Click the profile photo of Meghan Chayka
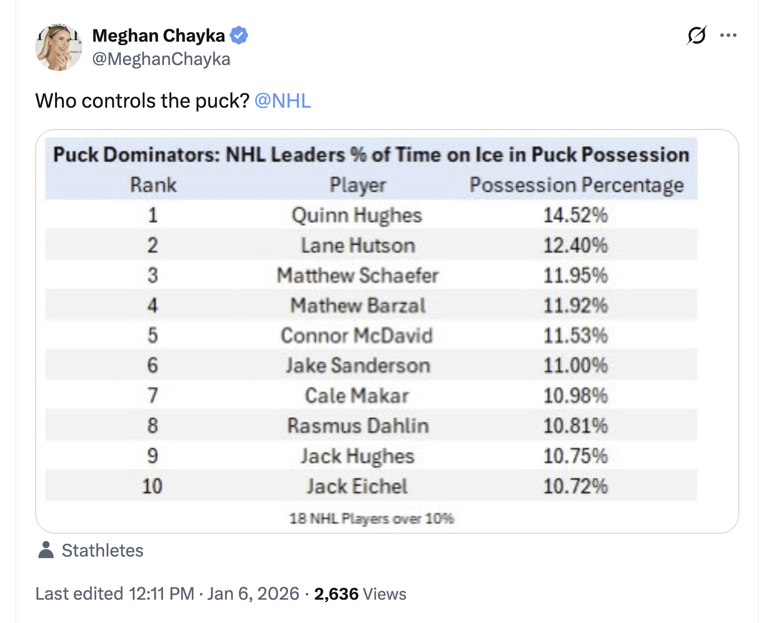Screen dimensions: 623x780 click(x=58, y=48)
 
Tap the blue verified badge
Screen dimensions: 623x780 click(x=239, y=36)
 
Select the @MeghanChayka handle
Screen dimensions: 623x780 click(x=161, y=59)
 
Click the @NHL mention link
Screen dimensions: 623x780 click(x=282, y=101)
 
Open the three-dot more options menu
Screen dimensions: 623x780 click(x=728, y=35)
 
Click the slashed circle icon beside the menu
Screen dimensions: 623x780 click(x=696, y=35)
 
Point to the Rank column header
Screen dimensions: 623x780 click(x=153, y=185)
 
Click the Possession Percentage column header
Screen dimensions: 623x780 click(x=576, y=185)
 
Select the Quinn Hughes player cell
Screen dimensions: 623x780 click(x=357, y=215)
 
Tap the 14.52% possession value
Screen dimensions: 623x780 click(x=575, y=215)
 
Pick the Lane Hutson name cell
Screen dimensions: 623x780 click(x=358, y=246)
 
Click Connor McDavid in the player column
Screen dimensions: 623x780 click(x=357, y=336)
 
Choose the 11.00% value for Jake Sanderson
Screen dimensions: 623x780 click(x=575, y=366)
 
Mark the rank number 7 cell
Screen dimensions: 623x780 click(x=153, y=396)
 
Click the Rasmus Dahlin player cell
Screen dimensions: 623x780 click(x=358, y=426)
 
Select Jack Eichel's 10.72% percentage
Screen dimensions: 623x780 click(x=575, y=486)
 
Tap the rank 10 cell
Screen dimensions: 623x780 click(x=152, y=486)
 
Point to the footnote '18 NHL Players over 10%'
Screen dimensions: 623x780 click(x=372, y=519)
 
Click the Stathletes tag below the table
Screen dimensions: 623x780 click(x=102, y=551)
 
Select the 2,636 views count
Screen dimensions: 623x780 click(x=336, y=594)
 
